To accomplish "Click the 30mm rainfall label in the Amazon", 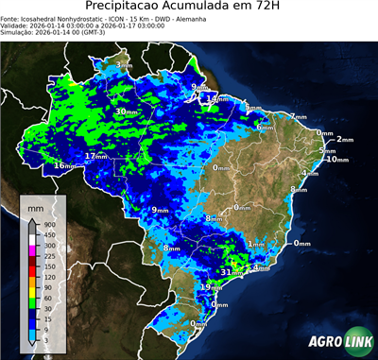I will click(x=125, y=111).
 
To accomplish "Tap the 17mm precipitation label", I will click(x=94, y=156).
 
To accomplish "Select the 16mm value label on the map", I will click(x=64, y=166).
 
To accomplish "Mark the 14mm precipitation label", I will click(x=219, y=98).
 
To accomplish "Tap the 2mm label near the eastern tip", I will click(x=345, y=140).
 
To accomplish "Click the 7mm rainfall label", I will click(x=298, y=117).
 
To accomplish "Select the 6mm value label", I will click(x=264, y=127).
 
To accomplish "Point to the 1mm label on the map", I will click(x=255, y=244).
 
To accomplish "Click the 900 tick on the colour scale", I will click(x=48, y=224).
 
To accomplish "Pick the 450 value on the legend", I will click(x=48, y=234).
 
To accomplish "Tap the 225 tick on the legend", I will click(x=48, y=255).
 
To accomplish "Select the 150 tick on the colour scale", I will click(x=48, y=266).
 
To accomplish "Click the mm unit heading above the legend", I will click(x=35, y=206).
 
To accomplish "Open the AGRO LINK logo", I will click(x=339, y=342).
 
